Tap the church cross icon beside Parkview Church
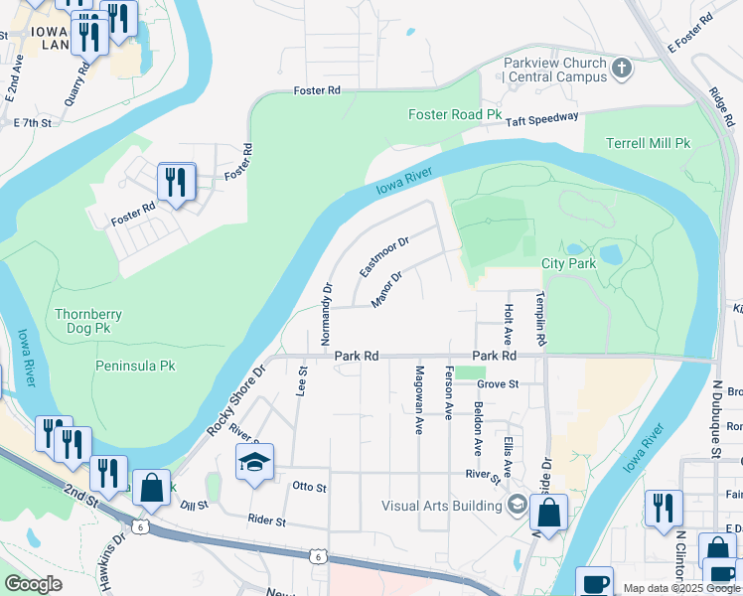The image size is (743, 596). [622, 69]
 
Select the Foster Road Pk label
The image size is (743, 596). [455, 115]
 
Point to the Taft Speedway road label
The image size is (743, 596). [542, 118]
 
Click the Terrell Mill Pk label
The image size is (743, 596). [648, 143]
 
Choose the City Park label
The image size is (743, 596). [568, 264]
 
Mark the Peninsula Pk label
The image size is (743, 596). [135, 366]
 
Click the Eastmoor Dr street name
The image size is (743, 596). [384, 256]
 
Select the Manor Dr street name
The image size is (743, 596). [386, 290]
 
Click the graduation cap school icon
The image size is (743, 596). [254, 462]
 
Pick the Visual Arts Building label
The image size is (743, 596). [442, 506]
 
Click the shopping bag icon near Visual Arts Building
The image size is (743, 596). [548, 513]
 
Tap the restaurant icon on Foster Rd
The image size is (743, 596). [177, 182]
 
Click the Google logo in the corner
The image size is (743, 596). [34, 584]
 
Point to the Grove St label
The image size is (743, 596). [498, 383]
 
